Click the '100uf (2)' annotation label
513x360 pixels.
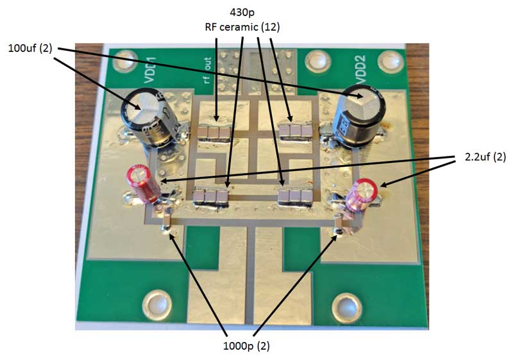coord(31,49)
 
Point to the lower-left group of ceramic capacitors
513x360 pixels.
coord(212,195)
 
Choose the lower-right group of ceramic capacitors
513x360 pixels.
coord(292,195)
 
